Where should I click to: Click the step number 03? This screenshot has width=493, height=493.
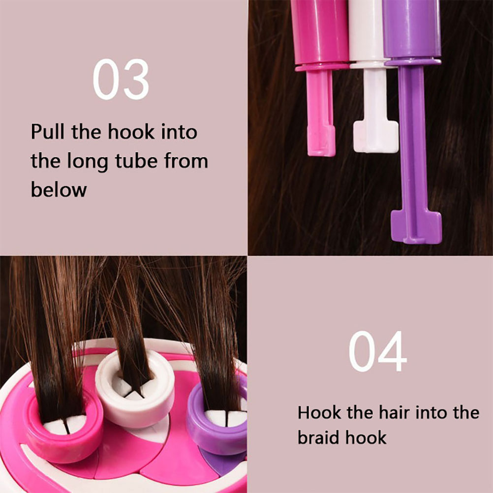(x=121, y=79)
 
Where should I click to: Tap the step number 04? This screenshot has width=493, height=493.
(x=377, y=351)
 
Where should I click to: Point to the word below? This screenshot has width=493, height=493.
(x=59, y=190)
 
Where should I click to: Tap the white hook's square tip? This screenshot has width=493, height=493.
(x=376, y=137)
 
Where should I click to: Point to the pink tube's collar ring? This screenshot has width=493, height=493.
(x=322, y=67)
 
